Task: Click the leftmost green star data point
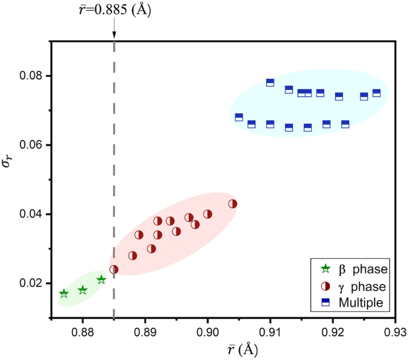tap(64, 293)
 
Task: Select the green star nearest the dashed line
tap(101, 280)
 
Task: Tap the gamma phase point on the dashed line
tap(114, 269)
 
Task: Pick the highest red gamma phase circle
tap(233, 204)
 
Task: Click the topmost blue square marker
tap(270, 83)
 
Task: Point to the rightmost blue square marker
tap(376, 93)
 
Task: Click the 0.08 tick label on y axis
tap(31, 76)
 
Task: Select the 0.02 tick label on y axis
tap(31, 283)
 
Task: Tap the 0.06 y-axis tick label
tap(31, 145)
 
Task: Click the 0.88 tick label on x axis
tap(83, 331)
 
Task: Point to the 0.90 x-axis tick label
tap(208, 331)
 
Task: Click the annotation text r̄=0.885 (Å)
tap(114, 10)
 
